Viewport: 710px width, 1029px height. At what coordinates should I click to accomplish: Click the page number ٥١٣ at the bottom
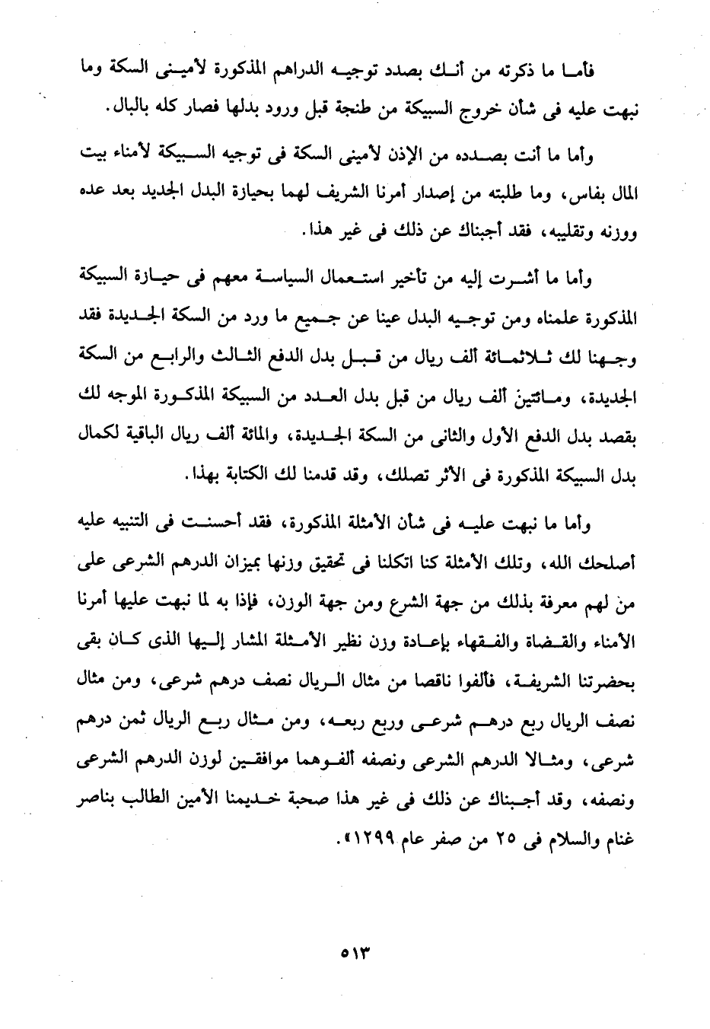(355, 954)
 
